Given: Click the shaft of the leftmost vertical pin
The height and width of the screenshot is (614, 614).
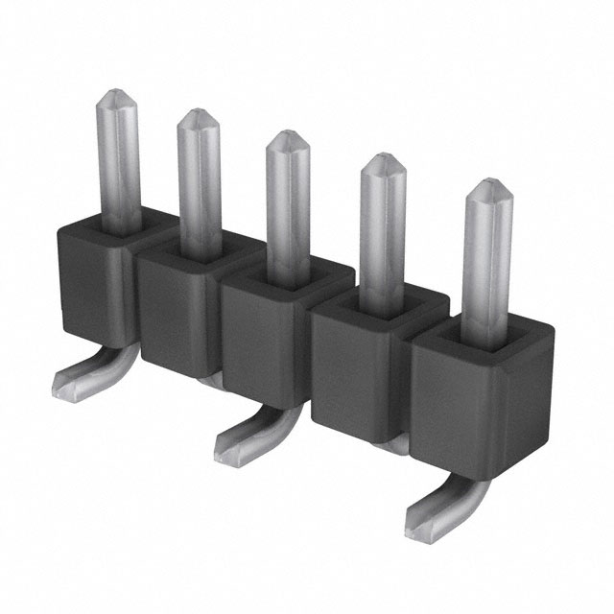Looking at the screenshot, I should tap(120, 163).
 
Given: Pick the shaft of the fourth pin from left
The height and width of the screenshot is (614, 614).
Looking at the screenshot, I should tap(381, 230).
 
